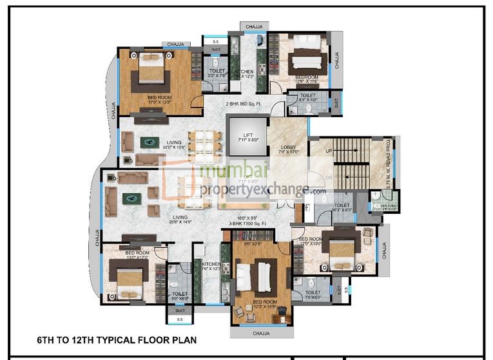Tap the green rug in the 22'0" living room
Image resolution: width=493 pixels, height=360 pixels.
point(149,141)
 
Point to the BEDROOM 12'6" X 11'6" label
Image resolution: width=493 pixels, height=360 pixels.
point(307,79)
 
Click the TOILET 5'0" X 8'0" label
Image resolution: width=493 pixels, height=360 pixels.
point(180,296)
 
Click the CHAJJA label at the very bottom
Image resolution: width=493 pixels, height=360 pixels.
point(261,333)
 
